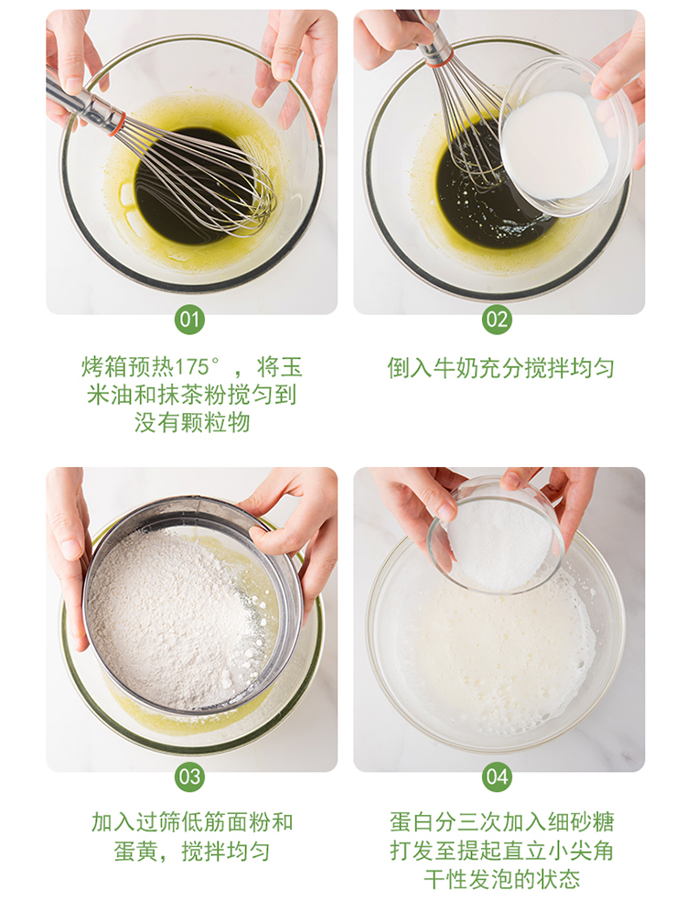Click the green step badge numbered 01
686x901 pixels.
click(x=189, y=320)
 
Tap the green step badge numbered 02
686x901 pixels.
click(x=497, y=320)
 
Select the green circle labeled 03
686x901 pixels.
click(x=189, y=776)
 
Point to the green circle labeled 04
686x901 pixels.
click(x=497, y=776)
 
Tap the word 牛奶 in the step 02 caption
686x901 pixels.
click(x=456, y=368)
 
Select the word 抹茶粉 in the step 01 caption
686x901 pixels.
click(x=191, y=395)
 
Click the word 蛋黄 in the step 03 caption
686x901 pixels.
click(x=136, y=851)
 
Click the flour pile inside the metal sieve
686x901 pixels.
click(x=172, y=618)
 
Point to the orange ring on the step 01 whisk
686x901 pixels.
click(x=118, y=123)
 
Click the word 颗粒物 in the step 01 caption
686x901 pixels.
click(x=215, y=423)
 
